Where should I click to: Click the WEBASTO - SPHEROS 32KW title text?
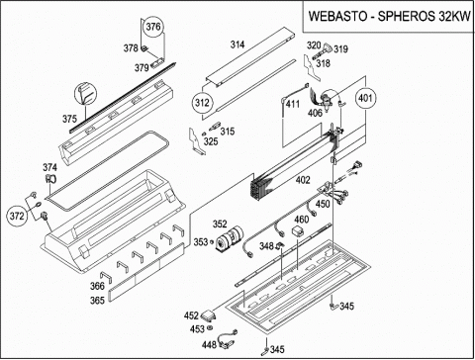coord(390,16)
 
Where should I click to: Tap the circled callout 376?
coord(153,27)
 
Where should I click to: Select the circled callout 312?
coord(202,103)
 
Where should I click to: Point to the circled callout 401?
coord(365,98)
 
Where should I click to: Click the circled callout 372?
coord(17,217)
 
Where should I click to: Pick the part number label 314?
coord(237,45)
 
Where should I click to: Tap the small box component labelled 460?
coord(299,230)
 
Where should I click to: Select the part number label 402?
coord(303,180)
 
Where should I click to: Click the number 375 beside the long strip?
coord(69,119)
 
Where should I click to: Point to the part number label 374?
coord(49,167)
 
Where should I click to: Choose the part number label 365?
coord(97,301)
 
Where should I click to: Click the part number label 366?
coord(97,286)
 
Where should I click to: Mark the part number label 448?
coord(209,345)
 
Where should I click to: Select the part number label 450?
coord(323,204)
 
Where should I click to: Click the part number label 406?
coord(315,113)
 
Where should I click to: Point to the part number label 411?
coord(293,104)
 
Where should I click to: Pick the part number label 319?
coord(340,49)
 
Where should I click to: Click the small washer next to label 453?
coord(209,328)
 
